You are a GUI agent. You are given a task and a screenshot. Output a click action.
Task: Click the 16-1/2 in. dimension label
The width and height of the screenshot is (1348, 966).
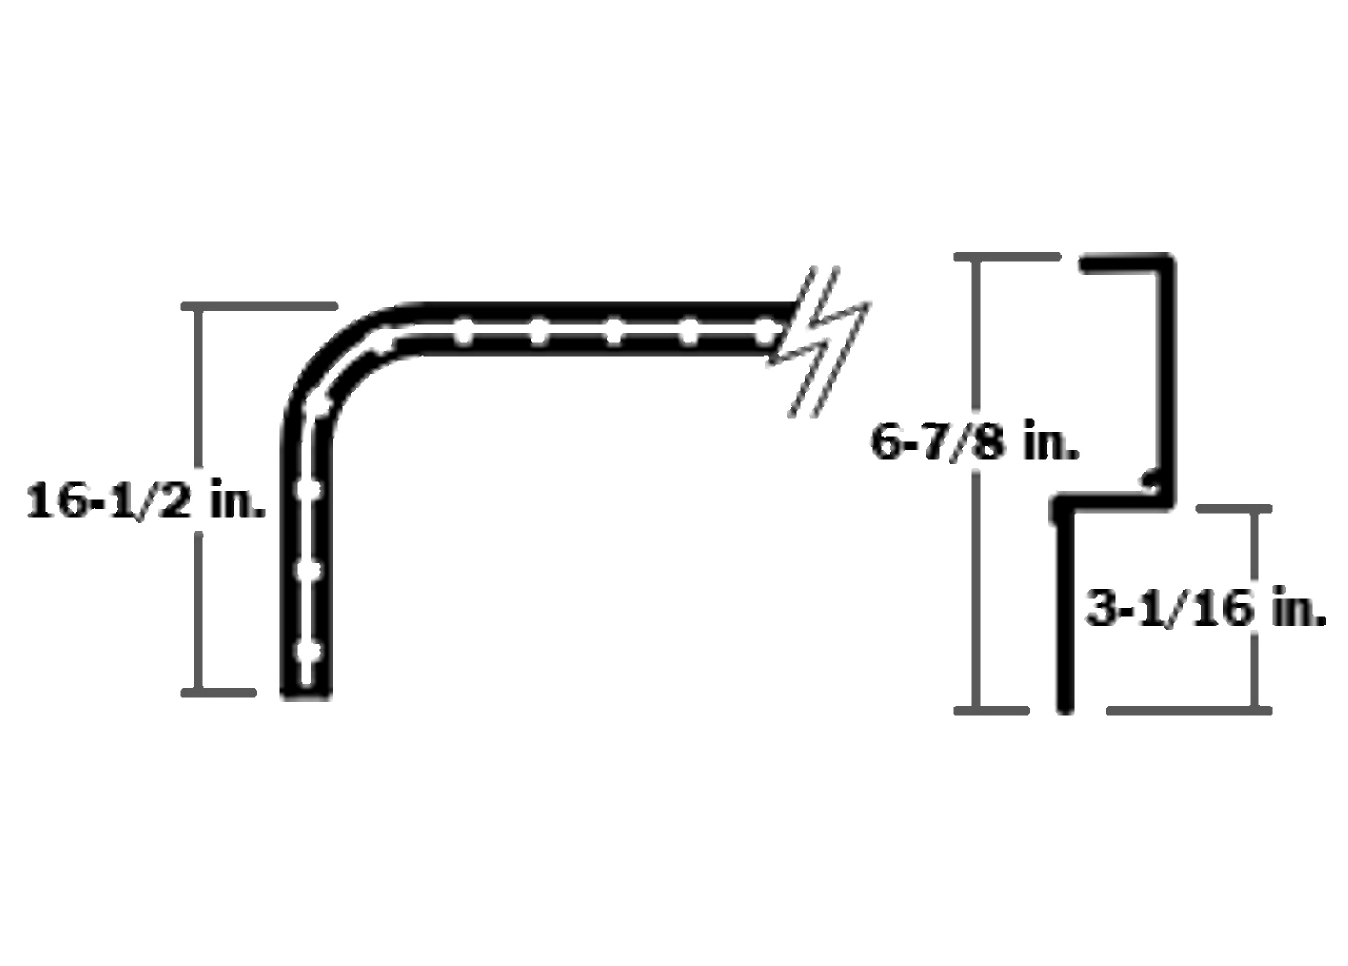pos(146,500)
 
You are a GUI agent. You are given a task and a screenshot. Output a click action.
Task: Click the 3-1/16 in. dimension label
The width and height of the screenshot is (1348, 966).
pos(1206,609)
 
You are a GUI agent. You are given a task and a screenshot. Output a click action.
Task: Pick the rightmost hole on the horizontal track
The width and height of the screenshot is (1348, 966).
pos(766,332)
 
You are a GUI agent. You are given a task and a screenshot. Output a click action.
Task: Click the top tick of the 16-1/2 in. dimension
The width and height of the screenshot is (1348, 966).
pos(259,306)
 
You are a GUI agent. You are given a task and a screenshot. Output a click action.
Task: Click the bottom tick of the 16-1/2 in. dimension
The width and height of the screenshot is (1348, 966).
pos(219,693)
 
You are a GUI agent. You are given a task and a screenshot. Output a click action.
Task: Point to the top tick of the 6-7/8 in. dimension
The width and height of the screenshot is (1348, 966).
pos(1007,257)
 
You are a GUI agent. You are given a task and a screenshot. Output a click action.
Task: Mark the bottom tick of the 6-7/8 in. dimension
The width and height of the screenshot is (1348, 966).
pos(992,711)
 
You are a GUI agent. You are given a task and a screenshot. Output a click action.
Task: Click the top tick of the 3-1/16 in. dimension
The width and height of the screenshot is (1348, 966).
pos(1233,509)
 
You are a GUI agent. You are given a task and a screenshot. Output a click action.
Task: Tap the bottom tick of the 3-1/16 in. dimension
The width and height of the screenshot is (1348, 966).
pos(1188,711)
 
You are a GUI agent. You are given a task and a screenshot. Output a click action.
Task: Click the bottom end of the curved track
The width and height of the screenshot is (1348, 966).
pos(306,694)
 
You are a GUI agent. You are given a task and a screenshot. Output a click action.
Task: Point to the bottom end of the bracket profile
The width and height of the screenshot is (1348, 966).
pos(1065,707)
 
